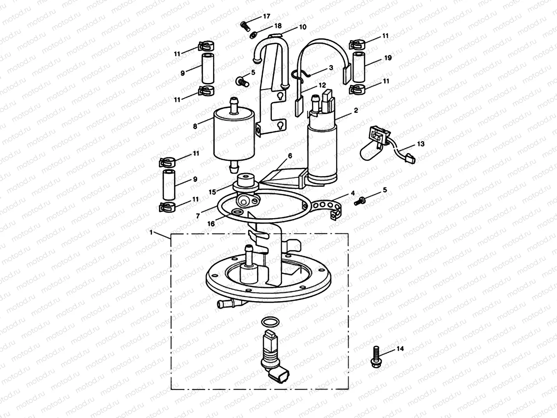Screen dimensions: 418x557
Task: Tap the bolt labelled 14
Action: tap(376, 356)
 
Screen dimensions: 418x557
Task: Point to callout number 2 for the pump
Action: tap(356, 111)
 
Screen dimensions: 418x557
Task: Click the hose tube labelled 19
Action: tap(358, 65)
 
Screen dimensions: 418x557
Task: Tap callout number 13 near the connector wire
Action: tap(421, 144)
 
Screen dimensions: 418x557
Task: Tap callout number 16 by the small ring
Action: tap(211, 224)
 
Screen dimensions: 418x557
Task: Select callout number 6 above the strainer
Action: tap(290, 156)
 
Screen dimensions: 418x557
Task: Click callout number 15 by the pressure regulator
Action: tap(212, 192)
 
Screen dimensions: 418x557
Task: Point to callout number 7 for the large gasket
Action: tap(198, 215)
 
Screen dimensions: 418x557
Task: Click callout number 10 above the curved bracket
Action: tap(303, 27)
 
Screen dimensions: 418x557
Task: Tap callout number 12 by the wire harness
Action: tap(321, 85)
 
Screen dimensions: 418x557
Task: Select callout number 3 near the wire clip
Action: tap(331, 67)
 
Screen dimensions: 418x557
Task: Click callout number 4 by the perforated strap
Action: tap(353, 193)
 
